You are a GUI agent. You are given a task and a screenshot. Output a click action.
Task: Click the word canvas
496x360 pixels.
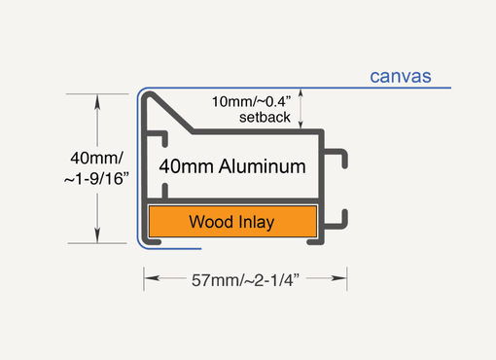pyautogui.click(x=401, y=76)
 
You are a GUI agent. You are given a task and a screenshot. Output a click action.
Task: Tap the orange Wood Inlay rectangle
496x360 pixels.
pyautogui.click(x=231, y=222)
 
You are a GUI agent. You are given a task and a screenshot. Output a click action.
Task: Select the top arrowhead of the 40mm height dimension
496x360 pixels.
pyautogui.click(x=97, y=99)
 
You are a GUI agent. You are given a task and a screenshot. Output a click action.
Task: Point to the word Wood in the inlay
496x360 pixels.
pyautogui.click(x=210, y=222)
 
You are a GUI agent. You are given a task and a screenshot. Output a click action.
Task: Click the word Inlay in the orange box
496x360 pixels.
pyautogui.click(x=254, y=222)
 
